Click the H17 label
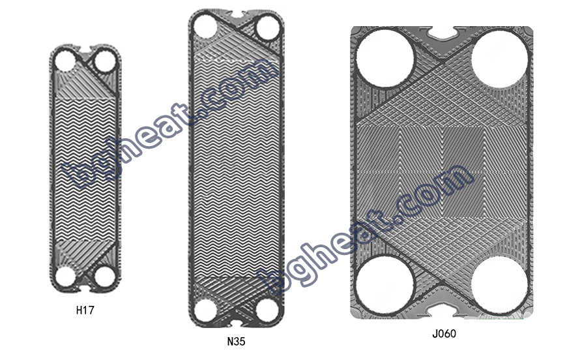coord(85,310)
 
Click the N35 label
coord(236,340)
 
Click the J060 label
coord(444,333)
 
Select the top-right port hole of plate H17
coord(105,61)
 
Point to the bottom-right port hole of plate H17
coord(105,277)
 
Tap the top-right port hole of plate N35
coord(267,28)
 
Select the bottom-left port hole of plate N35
coord(205,310)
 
